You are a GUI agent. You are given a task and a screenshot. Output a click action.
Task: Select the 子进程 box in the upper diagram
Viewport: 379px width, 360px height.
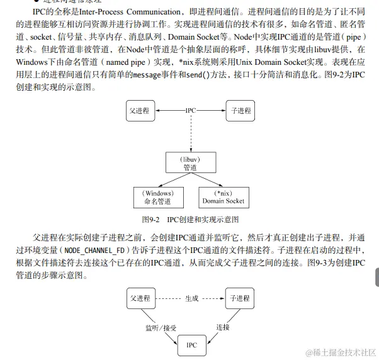(239, 111)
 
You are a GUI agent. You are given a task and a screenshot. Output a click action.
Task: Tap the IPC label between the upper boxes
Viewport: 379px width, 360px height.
(189, 110)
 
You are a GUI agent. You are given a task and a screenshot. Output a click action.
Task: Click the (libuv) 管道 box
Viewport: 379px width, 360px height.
(190, 163)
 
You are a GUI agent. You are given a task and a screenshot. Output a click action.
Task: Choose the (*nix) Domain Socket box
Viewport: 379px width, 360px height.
(223, 197)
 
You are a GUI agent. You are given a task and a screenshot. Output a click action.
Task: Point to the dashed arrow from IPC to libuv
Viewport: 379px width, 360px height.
(190, 132)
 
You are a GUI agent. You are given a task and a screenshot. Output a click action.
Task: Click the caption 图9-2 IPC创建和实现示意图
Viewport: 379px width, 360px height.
(189, 219)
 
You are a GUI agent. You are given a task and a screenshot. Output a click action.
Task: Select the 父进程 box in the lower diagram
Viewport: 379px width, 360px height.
(139, 298)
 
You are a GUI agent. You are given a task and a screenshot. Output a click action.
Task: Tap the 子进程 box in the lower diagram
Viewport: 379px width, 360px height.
(239, 298)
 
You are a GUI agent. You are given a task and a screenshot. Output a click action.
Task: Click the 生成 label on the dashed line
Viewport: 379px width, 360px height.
(191, 298)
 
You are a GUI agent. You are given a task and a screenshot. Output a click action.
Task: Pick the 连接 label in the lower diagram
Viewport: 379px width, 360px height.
(223, 327)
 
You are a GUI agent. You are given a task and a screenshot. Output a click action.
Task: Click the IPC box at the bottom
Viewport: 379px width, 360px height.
(191, 345)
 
